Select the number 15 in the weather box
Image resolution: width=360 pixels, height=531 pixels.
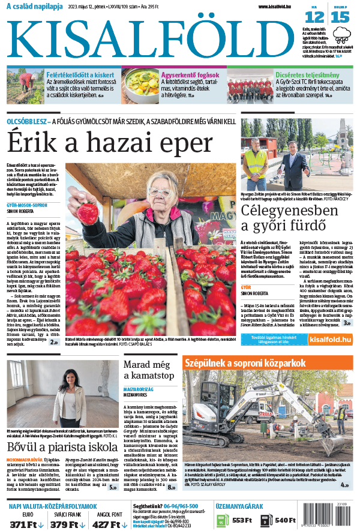(x=340, y=17)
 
